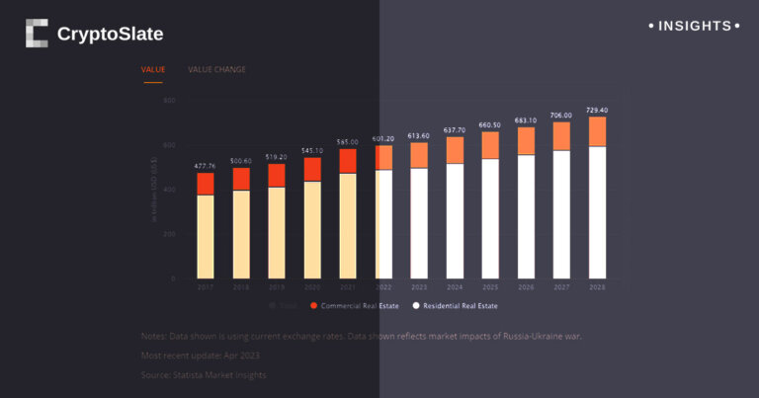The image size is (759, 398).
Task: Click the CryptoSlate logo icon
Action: (x=37, y=34)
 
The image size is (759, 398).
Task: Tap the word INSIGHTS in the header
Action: (x=695, y=26)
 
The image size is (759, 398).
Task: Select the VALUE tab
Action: (x=153, y=70)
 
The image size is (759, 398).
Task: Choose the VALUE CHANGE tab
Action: (x=216, y=70)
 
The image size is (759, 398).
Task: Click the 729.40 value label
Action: (x=597, y=111)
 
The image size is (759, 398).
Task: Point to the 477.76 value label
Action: (x=206, y=167)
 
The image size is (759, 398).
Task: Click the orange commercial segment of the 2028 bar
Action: (x=597, y=131)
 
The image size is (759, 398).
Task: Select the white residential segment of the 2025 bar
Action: (x=490, y=217)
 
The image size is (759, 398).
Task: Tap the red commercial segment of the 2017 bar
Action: (x=206, y=184)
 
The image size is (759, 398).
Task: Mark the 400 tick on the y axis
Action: (x=169, y=190)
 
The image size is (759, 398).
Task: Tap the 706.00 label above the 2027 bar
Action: (x=561, y=116)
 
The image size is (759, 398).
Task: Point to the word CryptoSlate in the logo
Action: (x=110, y=35)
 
